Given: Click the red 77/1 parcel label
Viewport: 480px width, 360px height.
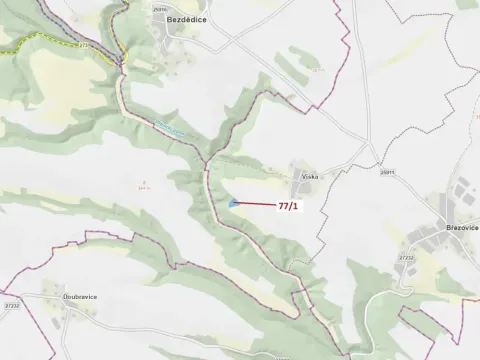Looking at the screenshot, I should [x=288, y=207].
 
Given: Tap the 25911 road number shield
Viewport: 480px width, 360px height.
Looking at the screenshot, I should [x=386, y=172].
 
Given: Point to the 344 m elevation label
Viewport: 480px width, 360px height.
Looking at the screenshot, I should [x=145, y=185].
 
